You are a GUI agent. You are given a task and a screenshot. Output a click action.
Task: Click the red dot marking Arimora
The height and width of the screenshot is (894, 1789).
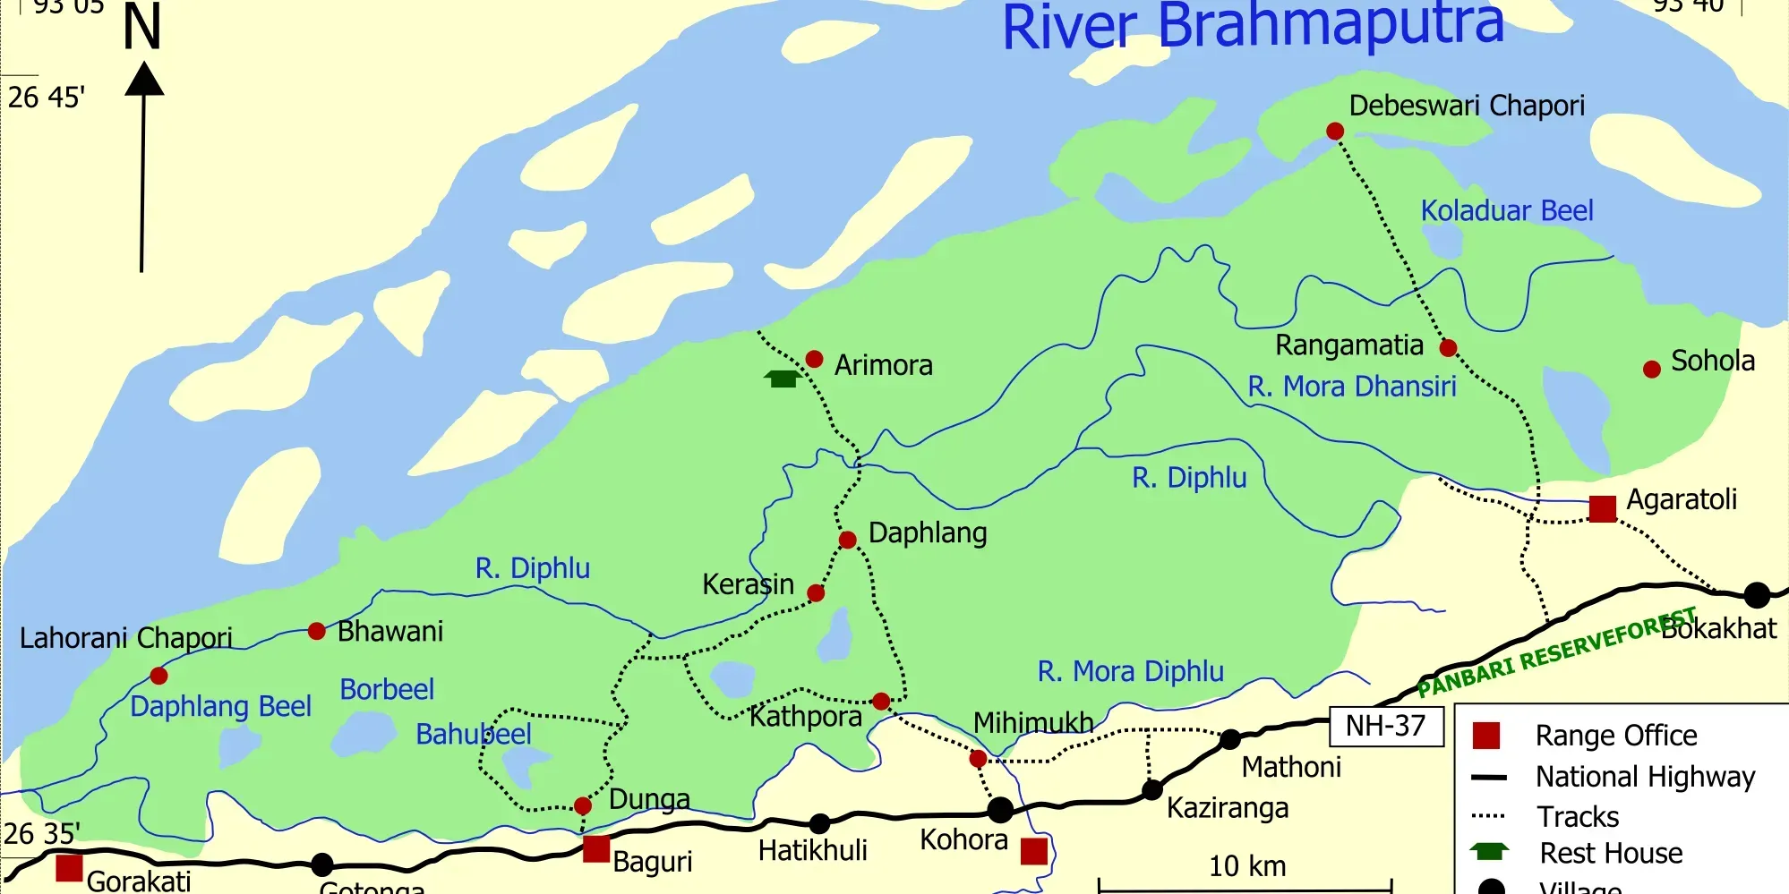click(814, 359)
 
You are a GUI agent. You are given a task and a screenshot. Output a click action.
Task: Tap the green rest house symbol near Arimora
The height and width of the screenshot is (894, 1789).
click(783, 379)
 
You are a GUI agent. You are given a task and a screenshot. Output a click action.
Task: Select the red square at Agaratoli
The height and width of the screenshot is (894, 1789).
click(1603, 508)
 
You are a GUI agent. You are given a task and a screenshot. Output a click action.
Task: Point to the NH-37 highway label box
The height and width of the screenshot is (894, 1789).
click(1385, 726)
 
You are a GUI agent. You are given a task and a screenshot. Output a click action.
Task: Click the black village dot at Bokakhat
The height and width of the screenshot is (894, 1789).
click(1757, 594)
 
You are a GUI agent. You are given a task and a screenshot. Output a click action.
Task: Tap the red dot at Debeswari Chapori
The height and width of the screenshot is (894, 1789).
click(1335, 132)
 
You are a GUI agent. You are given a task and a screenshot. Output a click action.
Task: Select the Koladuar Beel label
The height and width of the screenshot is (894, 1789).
click(1507, 210)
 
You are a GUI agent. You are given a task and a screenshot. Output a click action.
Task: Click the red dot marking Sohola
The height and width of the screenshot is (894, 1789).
click(1652, 370)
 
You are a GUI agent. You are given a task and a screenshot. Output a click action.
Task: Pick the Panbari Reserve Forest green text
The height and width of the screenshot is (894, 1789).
click(1556, 653)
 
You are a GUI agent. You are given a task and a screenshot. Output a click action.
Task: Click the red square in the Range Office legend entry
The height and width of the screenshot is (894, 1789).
click(1486, 736)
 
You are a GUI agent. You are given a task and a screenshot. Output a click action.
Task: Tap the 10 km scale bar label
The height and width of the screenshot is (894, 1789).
click(1247, 866)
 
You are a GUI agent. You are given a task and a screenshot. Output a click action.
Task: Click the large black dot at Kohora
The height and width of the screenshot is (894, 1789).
click(1000, 810)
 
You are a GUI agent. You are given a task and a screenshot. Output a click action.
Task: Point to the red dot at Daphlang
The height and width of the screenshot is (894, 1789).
click(848, 540)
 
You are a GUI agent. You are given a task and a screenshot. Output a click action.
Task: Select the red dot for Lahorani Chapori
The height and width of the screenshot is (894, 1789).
click(159, 676)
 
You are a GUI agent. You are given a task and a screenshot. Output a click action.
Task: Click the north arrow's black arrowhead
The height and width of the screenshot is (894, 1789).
click(144, 79)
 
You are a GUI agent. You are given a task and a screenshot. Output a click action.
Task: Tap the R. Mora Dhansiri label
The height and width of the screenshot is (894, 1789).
click(1352, 387)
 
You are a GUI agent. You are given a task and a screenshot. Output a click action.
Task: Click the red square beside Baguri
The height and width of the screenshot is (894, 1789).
click(596, 848)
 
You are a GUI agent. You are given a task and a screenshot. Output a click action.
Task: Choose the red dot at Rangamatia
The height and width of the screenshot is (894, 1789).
click(1448, 348)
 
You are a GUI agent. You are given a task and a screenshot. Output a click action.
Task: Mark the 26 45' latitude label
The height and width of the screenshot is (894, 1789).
click(46, 97)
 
